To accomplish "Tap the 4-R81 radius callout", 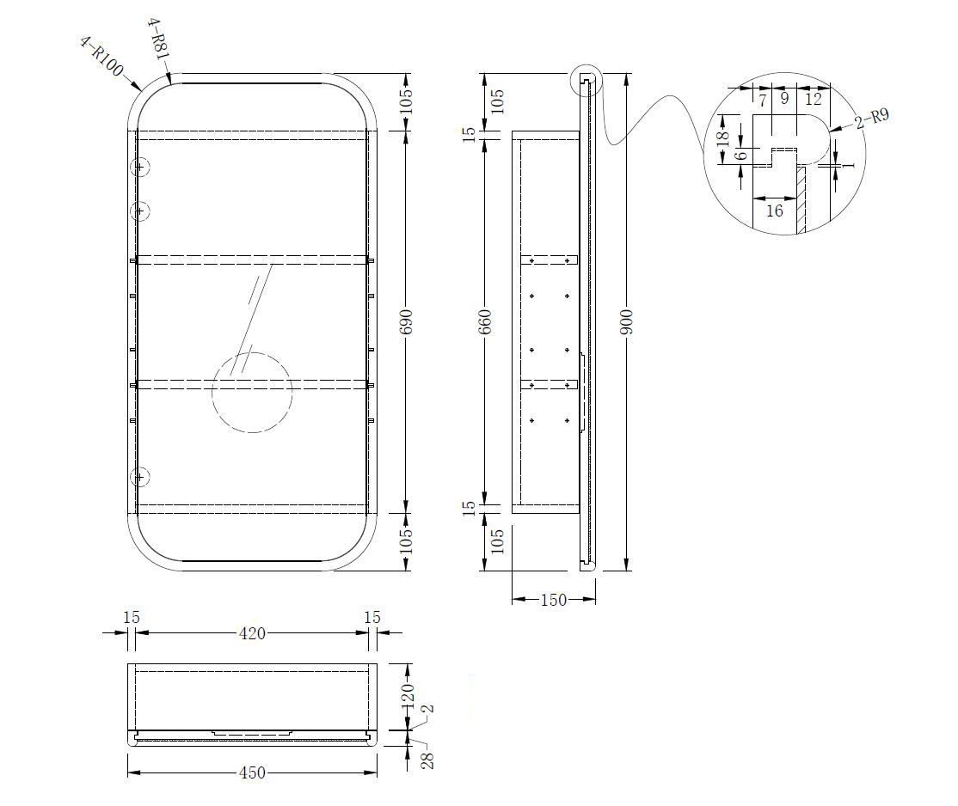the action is (x=157, y=39).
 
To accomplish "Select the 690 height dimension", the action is (x=406, y=321).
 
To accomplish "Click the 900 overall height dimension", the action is (x=627, y=321).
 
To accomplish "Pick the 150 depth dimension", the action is (x=554, y=601).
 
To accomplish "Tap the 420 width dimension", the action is (x=252, y=634).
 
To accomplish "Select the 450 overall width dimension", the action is (x=252, y=773).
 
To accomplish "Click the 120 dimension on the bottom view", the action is (x=408, y=696).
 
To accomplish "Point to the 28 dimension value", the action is (x=427, y=760).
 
